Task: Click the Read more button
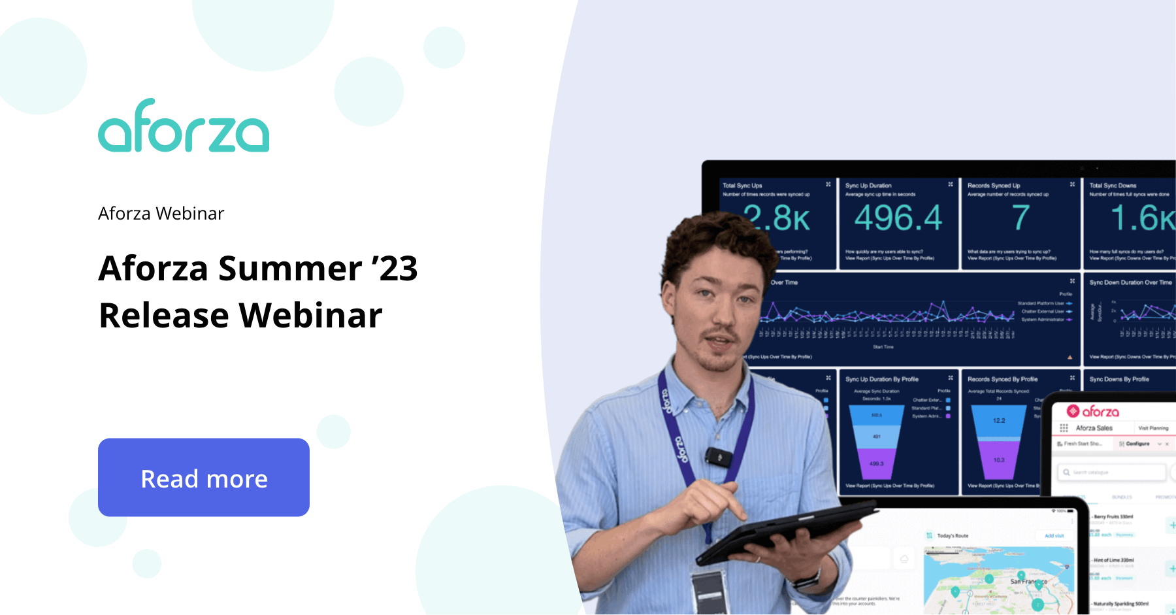coord(204,478)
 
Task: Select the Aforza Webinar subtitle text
coord(161,214)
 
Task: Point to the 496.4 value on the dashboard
coord(898,218)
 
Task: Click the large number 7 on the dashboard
coord(1021,218)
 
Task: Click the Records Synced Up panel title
coord(994,186)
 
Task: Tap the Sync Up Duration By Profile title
coord(881,379)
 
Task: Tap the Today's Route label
coord(953,536)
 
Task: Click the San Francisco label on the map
coord(1028,581)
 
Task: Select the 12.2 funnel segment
coord(999,421)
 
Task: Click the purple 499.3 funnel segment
coord(876,463)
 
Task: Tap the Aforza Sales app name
coord(1094,428)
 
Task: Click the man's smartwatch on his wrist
coord(808,579)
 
